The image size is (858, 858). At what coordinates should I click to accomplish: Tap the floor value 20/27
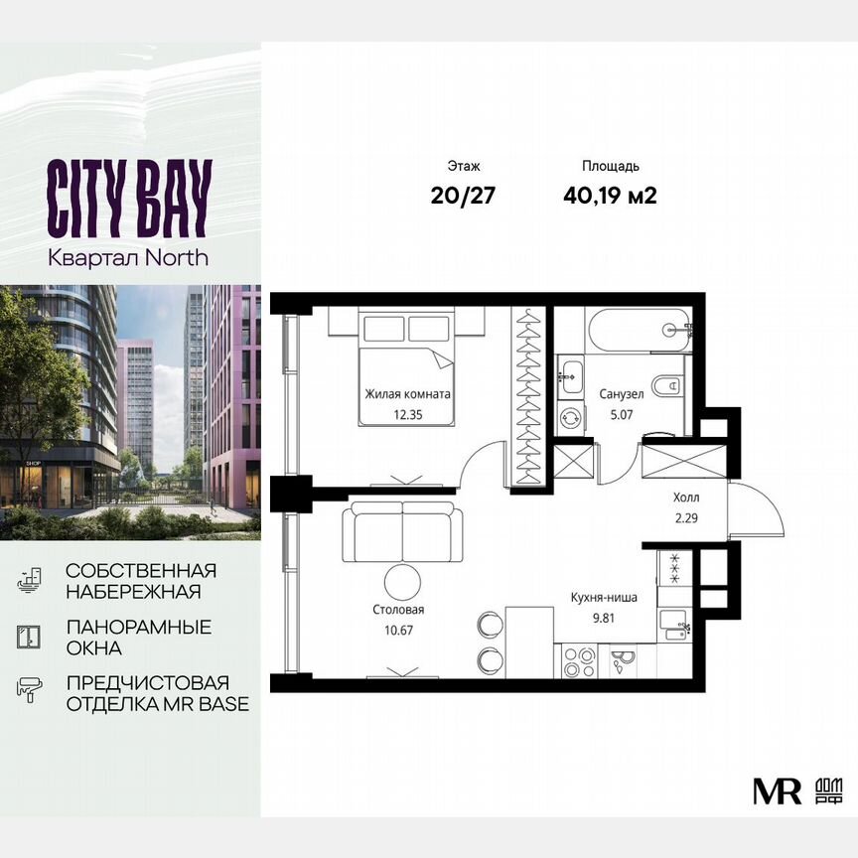click(463, 195)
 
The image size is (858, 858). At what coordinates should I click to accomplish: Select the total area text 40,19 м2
click(609, 195)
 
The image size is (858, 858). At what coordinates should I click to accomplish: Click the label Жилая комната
click(408, 394)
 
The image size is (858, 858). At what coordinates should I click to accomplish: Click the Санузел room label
click(622, 394)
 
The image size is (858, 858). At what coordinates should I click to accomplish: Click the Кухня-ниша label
click(604, 598)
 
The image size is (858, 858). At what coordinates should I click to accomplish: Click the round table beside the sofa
click(402, 583)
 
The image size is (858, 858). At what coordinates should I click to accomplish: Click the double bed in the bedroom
click(406, 367)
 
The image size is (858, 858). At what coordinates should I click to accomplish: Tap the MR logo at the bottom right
click(765, 789)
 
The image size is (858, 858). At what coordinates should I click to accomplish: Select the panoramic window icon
click(30, 636)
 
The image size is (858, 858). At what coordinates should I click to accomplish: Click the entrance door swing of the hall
click(757, 510)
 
